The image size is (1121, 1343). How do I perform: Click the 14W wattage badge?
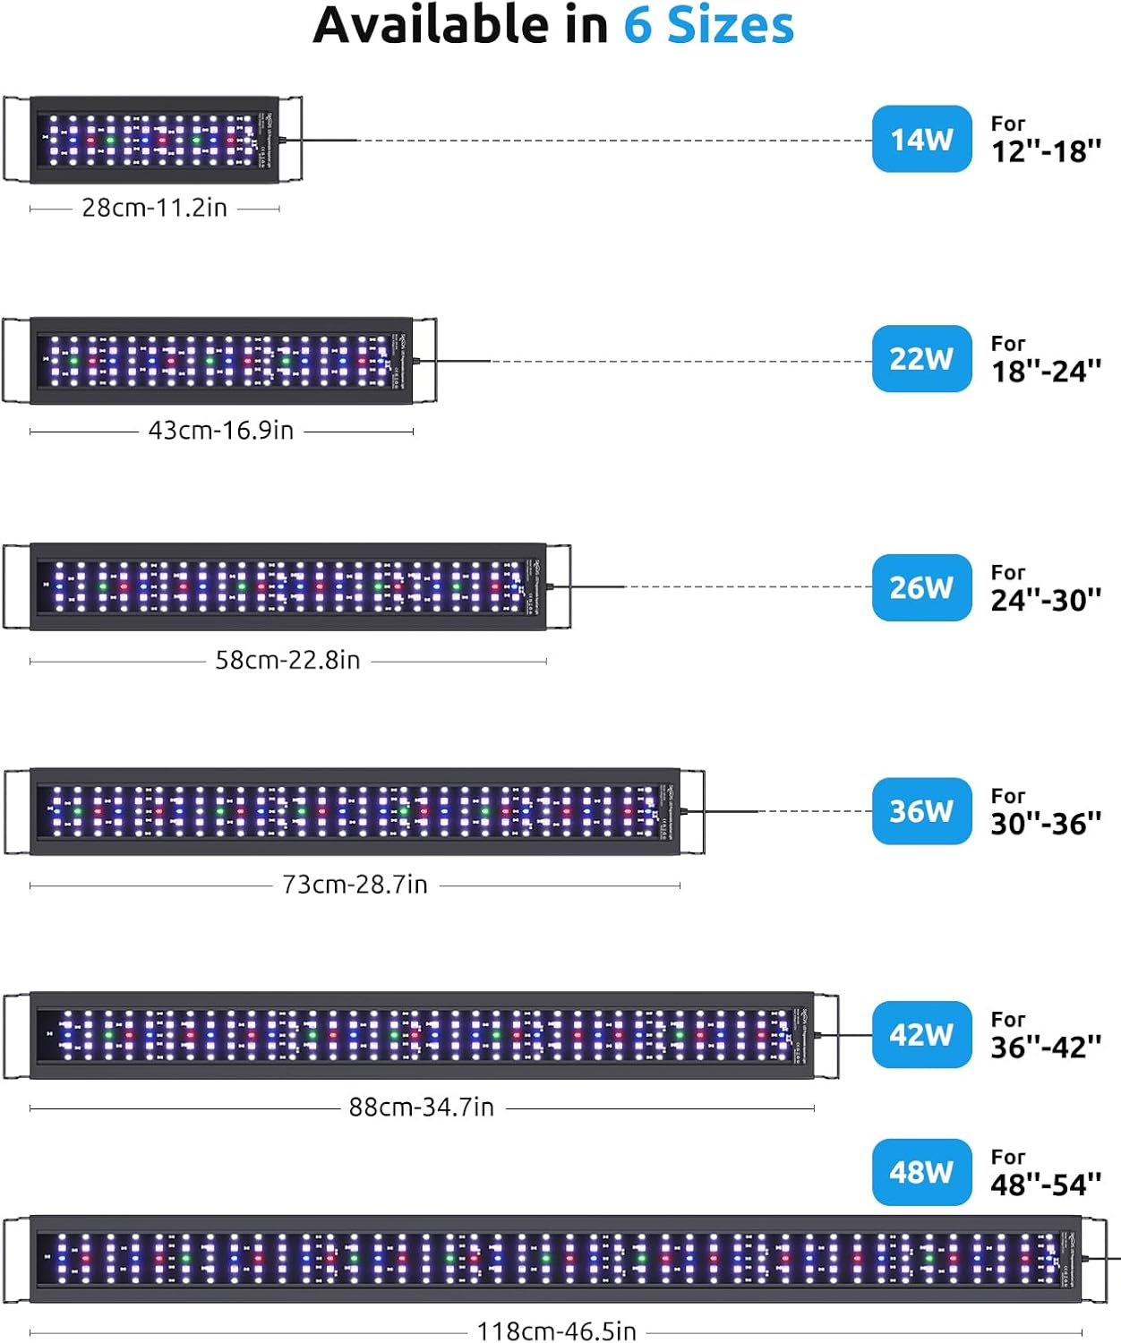coord(921,139)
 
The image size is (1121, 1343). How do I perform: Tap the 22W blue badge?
coord(921,359)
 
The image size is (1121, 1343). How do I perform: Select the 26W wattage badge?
coord(921,587)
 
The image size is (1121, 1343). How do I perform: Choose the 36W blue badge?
coord(921,811)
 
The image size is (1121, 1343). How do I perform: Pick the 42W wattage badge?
coord(921,1035)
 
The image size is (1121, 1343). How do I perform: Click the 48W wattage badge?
coord(921,1172)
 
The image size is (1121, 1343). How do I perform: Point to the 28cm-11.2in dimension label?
coord(154,208)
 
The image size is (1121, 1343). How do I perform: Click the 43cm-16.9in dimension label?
coord(220,431)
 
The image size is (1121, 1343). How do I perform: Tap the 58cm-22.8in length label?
coord(287,661)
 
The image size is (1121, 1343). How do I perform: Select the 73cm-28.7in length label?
coord(355,885)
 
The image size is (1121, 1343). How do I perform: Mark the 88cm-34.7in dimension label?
coord(421,1108)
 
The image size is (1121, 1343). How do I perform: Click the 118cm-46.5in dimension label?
coord(556,1331)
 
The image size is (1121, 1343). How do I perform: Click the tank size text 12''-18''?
coord(1046,151)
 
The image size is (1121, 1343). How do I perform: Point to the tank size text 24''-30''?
coord(1046,600)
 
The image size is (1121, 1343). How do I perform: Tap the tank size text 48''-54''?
coord(1046,1185)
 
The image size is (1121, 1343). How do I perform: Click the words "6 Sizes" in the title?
coord(708,25)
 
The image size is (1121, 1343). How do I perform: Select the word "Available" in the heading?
coord(432,25)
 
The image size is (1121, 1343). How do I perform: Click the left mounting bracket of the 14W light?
coord(16,139)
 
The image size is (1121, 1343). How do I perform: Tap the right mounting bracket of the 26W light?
coord(560,586)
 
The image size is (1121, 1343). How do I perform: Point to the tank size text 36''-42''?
coord(1046,1047)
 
